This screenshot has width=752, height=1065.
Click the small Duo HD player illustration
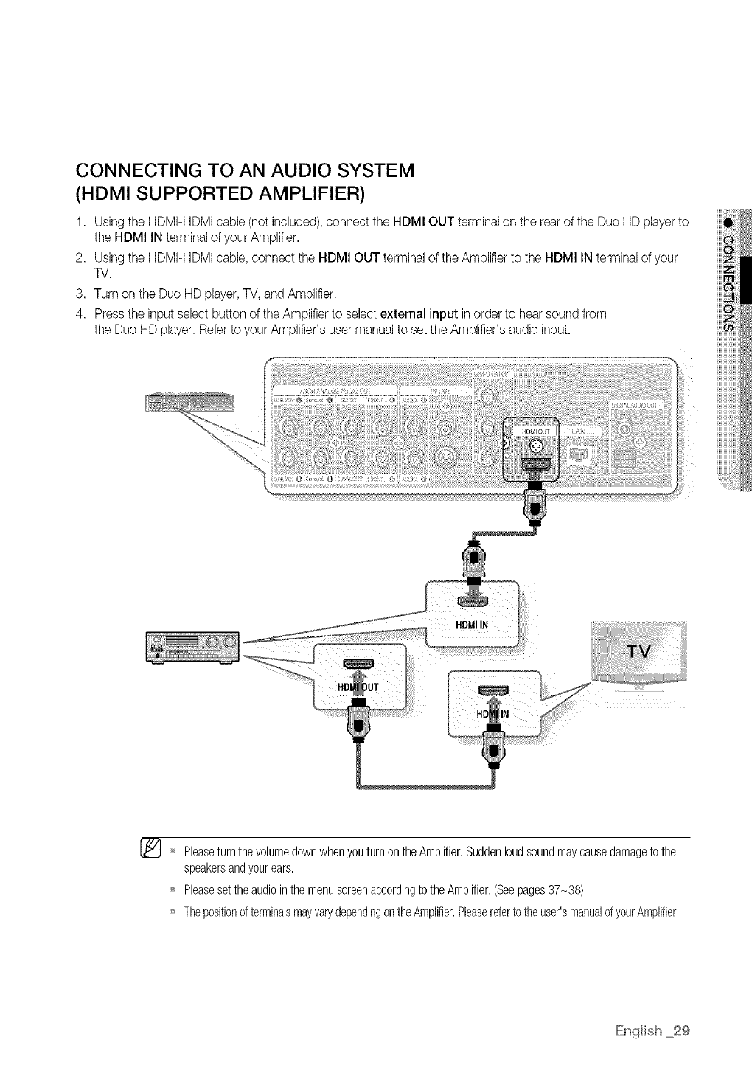click(x=189, y=403)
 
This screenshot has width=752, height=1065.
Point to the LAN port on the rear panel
click(x=581, y=454)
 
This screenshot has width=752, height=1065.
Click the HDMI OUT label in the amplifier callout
click(x=358, y=687)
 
